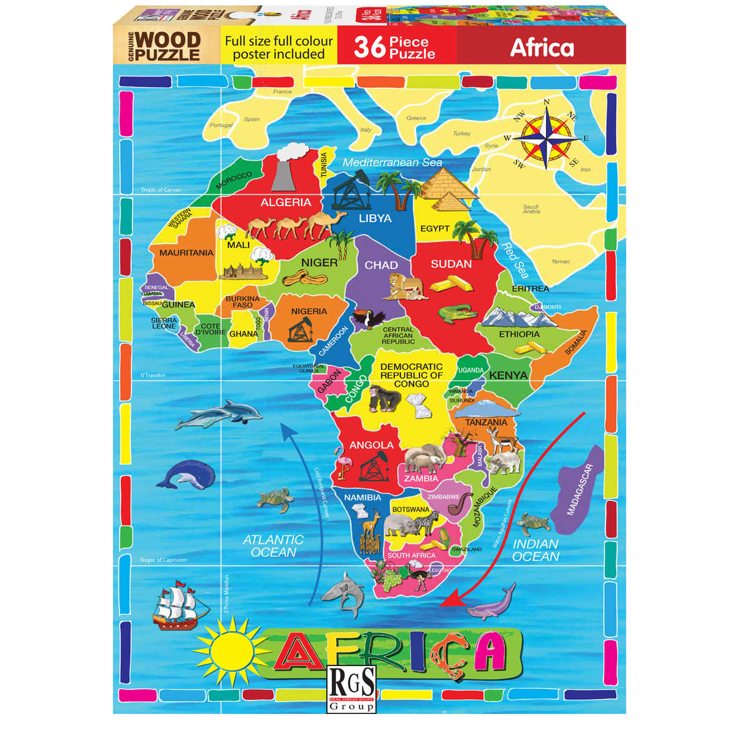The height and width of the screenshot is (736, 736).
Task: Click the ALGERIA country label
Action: [x=286, y=202]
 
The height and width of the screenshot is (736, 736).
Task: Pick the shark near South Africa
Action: [x=343, y=592]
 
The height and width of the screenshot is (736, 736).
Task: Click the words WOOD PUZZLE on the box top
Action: [x=167, y=47]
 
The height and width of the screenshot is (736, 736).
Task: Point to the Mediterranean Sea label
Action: [x=393, y=163]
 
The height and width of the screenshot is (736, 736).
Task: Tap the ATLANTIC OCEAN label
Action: [x=274, y=545]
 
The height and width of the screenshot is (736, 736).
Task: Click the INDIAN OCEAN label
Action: [x=535, y=550]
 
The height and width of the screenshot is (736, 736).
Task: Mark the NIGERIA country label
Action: [x=309, y=311]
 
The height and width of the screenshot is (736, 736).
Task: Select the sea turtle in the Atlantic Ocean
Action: [x=275, y=499]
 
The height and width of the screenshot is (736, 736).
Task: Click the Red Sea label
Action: [x=514, y=260]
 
